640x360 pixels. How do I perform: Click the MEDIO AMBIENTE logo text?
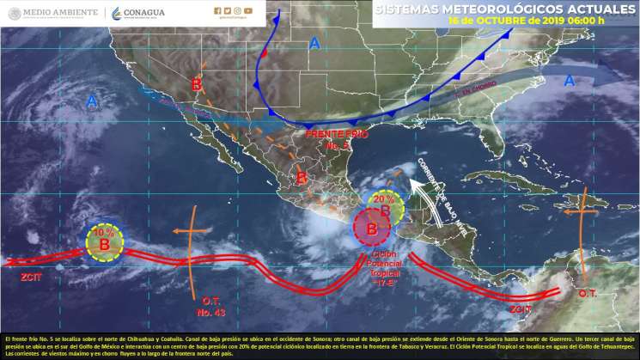(x=61, y=13)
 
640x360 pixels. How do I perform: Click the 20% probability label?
(x=383, y=198)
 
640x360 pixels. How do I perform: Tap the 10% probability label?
(x=104, y=233)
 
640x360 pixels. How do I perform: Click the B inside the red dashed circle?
(x=372, y=229)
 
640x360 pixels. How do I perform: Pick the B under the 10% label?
(x=104, y=246)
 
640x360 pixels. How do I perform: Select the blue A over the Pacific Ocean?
(x=91, y=102)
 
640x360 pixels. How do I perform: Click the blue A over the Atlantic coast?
(x=569, y=81)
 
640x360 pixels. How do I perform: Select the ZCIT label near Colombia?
(x=521, y=308)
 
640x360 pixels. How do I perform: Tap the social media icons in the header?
(x=235, y=11)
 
